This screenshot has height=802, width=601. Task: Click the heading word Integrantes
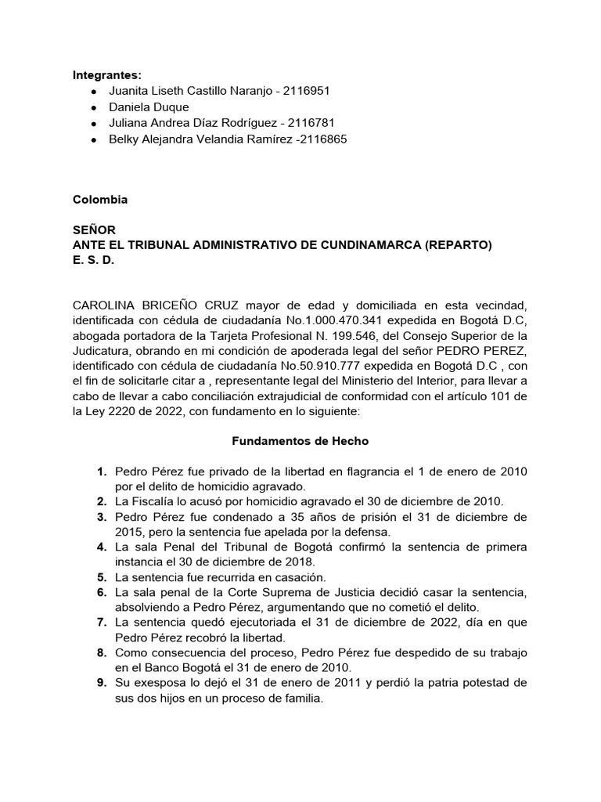pos(106,75)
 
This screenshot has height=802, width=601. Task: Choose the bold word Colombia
pos(100,200)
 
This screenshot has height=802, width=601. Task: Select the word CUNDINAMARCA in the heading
pos(363,245)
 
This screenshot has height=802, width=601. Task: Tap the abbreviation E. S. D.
pos(92,260)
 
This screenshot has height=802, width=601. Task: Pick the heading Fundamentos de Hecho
pos(300,441)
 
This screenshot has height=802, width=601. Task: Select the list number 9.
pos(101,683)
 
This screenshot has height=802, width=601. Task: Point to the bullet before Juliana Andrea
pos(94,124)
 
